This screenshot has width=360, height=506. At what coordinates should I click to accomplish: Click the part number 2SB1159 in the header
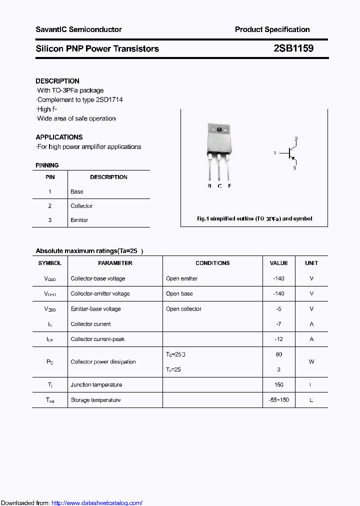(293, 48)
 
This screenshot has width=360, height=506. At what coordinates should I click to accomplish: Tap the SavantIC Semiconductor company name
(78, 29)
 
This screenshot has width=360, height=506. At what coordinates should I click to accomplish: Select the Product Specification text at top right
(272, 29)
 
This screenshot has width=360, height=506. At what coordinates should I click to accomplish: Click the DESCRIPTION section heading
(57, 81)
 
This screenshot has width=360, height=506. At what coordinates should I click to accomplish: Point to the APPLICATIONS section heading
(59, 137)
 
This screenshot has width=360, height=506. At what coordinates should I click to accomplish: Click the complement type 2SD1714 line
(80, 99)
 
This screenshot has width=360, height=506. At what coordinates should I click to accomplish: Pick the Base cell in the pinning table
(77, 191)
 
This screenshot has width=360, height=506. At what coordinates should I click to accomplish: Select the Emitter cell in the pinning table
(79, 220)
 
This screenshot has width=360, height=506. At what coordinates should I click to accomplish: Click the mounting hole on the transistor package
(219, 130)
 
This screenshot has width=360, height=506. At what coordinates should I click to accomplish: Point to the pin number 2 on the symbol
(296, 138)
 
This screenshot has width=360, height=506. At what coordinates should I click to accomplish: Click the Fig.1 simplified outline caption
(254, 218)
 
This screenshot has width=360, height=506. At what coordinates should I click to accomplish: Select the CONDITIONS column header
(212, 263)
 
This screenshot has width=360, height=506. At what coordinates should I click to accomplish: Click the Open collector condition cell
(183, 309)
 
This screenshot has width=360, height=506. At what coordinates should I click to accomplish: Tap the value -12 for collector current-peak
(278, 339)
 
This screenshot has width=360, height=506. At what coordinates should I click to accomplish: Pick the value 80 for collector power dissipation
(278, 354)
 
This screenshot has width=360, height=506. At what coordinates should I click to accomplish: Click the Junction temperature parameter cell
(96, 384)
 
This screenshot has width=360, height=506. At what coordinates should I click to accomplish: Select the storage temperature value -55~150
(278, 400)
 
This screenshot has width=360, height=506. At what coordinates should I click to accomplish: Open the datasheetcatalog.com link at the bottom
(97, 503)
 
